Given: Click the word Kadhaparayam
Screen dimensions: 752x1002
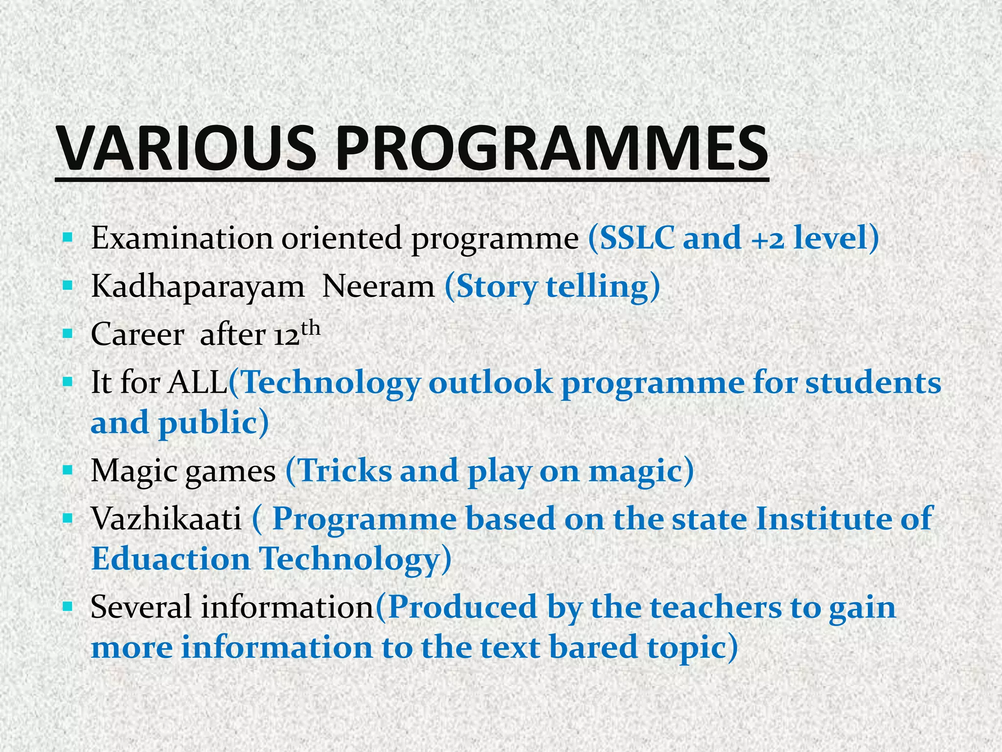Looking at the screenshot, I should (x=198, y=286).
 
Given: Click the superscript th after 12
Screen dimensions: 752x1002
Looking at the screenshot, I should (x=311, y=328).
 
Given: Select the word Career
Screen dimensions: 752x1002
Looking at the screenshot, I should (x=137, y=335).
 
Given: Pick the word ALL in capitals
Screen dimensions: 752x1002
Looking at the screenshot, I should (x=198, y=383).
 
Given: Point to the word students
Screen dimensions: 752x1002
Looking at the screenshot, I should (x=873, y=383).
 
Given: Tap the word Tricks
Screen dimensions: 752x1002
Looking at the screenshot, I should (x=345, y=471).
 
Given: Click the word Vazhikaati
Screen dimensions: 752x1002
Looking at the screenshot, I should (x=166, y=518).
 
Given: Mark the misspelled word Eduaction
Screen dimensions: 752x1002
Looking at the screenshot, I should (x=171, y=559).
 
